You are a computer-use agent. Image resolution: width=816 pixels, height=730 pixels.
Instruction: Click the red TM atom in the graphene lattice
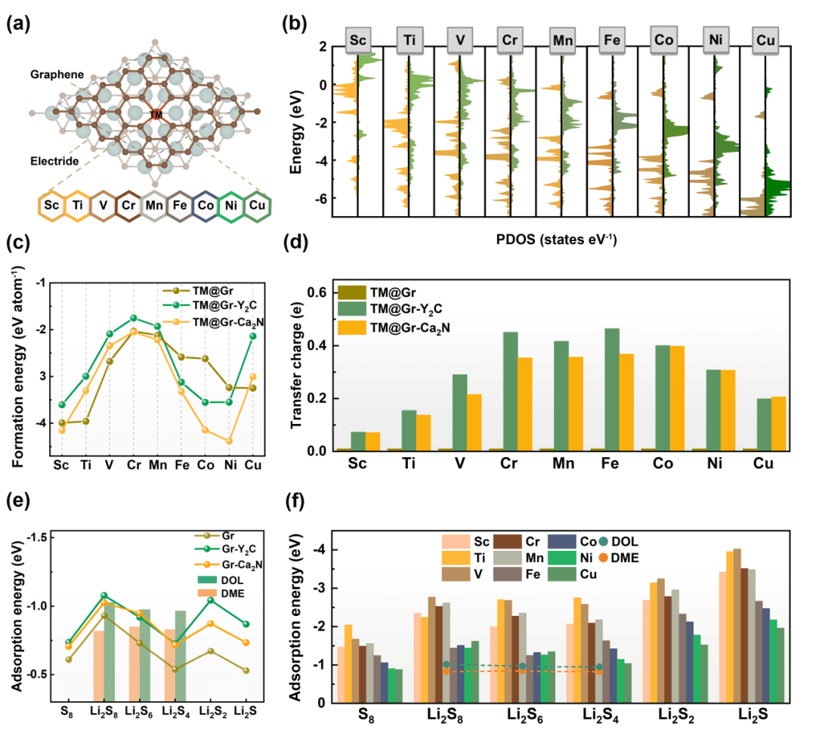point(156,115)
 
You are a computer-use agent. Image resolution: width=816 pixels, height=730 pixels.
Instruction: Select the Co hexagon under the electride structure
point(205,206)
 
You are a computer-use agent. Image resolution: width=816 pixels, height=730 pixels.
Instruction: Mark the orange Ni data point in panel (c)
point(229,441)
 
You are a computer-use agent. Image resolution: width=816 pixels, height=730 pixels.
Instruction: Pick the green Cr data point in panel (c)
point(133,318)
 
